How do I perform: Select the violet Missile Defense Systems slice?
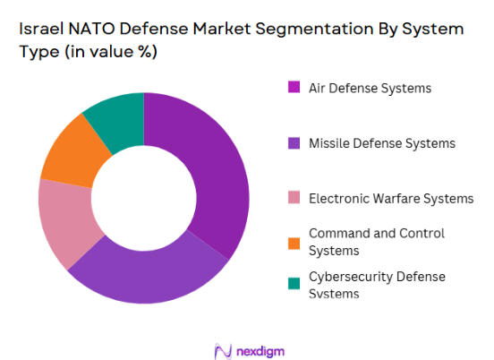pyautogui.click(x=148, y=273)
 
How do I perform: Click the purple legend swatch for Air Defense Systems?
pyautogui.click(x=294, y=88)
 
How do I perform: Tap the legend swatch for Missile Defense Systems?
pyautogui.click(x=294, y=143)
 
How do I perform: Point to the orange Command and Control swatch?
pyautogui.click(x=294, y=241)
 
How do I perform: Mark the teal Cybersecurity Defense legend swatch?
pyautogui.click(x=294, y=285)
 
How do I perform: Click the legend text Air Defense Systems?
pyautogui.click(x=370, y=88)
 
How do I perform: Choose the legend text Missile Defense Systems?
pyautogui.click(x=382, y=143)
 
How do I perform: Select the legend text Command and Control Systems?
pyautogui.click(x=376, y=241)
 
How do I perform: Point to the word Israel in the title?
pyautogui.click(x=41, y=30)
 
